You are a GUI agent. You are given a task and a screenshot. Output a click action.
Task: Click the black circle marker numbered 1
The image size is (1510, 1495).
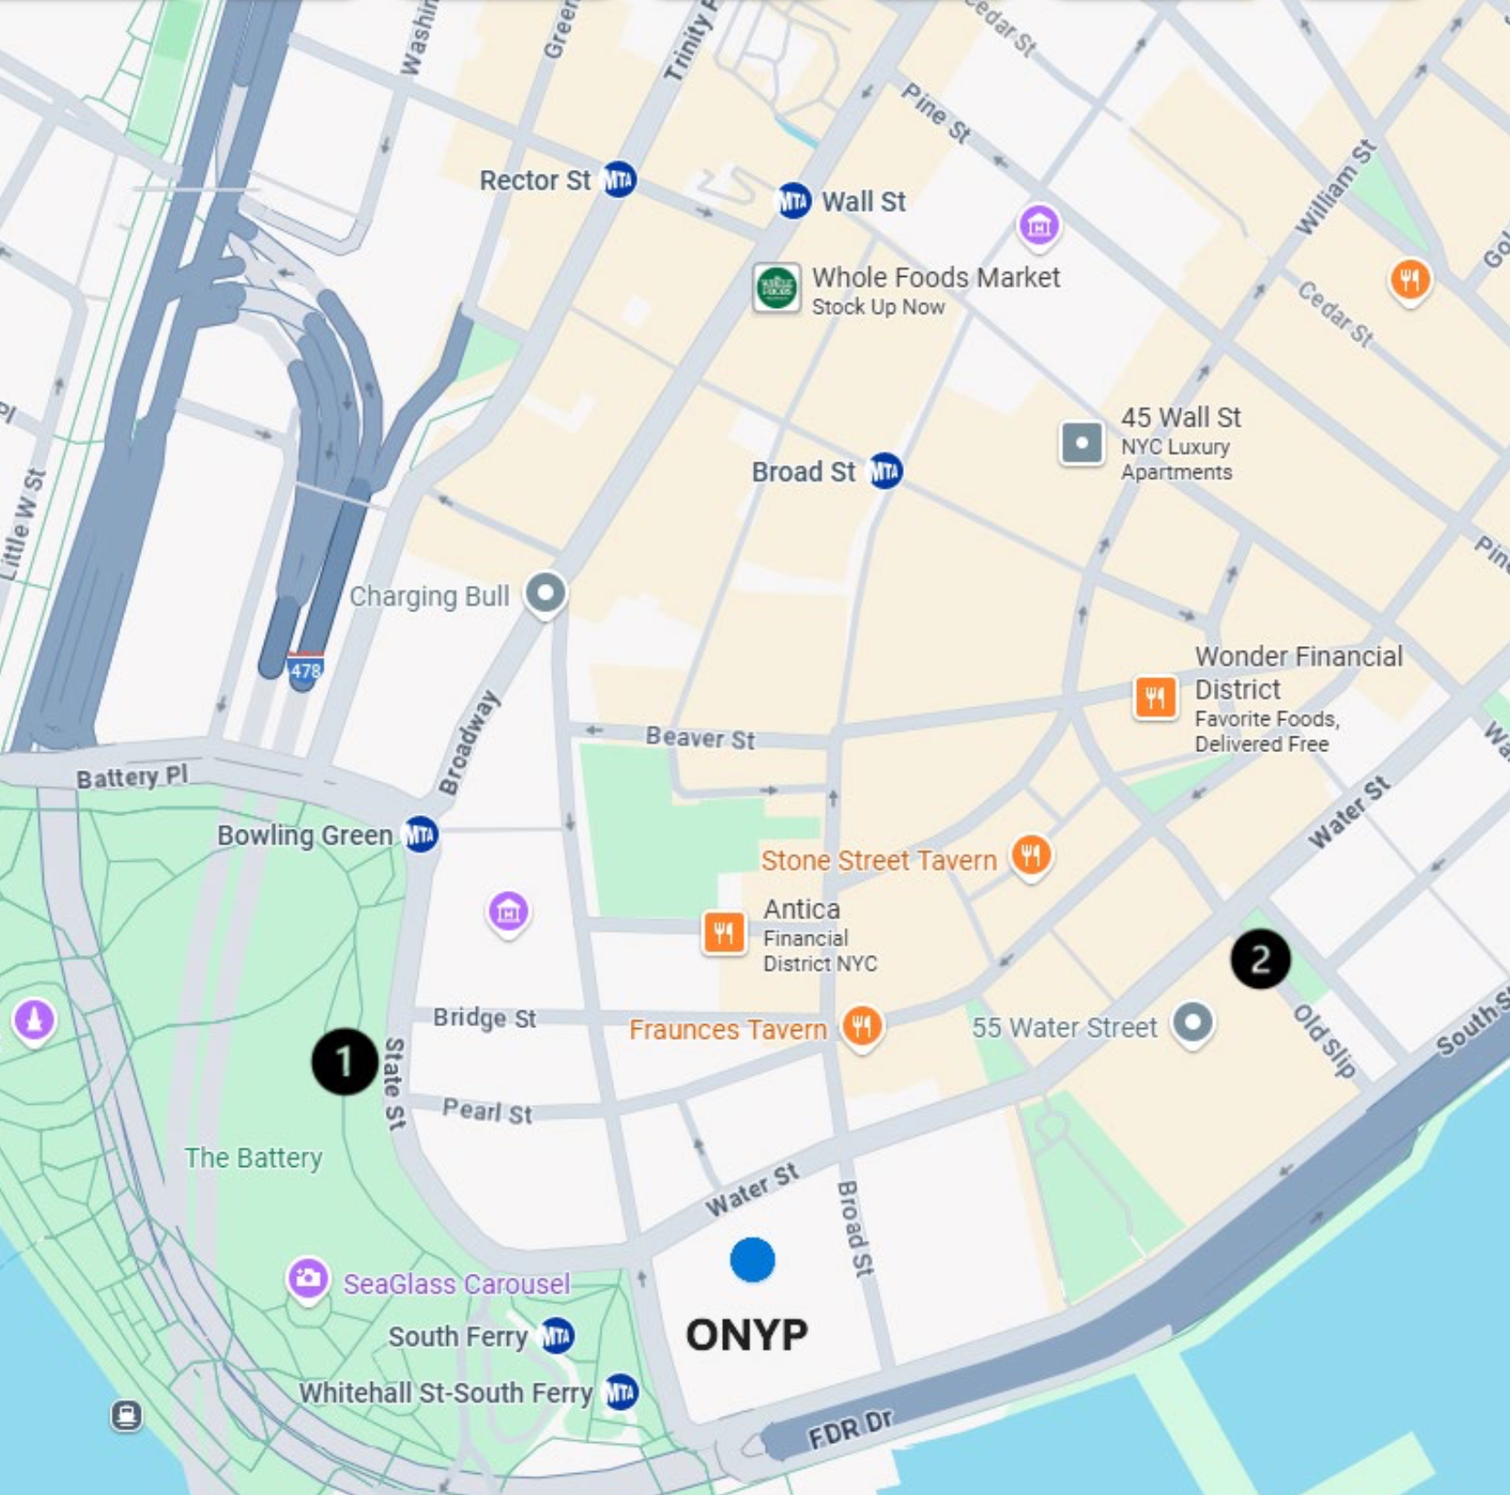pos(345,1061)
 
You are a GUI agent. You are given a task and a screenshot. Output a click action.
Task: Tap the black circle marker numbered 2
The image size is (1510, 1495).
pos(1260,960)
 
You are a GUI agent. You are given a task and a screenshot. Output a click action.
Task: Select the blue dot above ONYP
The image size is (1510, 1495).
pos(752,1260)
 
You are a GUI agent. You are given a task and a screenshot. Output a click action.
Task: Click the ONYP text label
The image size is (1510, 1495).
pos(747,1335)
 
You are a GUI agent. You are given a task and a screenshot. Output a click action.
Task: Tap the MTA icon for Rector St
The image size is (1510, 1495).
pos(619,180)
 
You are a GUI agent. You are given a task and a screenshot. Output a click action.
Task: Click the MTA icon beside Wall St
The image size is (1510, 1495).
pos(792,201)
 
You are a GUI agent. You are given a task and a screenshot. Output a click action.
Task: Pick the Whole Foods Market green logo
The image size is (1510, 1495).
pos(776,289)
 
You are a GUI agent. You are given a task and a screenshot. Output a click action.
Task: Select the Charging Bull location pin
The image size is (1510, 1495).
pos(546,593)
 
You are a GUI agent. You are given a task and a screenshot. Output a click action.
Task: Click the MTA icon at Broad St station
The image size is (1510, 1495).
pos(885,472)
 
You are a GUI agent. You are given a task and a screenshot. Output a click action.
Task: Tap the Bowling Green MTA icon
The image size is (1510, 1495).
pos(420,834)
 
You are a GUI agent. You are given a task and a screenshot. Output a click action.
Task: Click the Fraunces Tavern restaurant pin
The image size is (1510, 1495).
pos(862,1026)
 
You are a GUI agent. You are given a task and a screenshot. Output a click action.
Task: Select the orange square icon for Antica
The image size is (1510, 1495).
pos(723,933)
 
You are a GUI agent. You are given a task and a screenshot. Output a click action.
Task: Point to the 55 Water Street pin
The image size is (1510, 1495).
pos(1192,1023)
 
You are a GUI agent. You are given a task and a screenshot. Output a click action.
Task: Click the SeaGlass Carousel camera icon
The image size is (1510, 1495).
pos(308,1278)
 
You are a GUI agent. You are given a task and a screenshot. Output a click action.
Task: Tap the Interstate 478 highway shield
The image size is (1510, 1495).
pos(305,671)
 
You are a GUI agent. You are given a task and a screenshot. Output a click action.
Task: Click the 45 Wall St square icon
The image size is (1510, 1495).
pos(1081,443)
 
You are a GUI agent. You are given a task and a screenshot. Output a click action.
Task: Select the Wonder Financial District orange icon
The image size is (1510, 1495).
pos(1155,699)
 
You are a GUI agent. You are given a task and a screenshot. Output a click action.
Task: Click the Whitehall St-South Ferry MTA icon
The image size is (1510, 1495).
pos(622,1392)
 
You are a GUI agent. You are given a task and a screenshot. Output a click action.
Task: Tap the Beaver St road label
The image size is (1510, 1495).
pos(700,737)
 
